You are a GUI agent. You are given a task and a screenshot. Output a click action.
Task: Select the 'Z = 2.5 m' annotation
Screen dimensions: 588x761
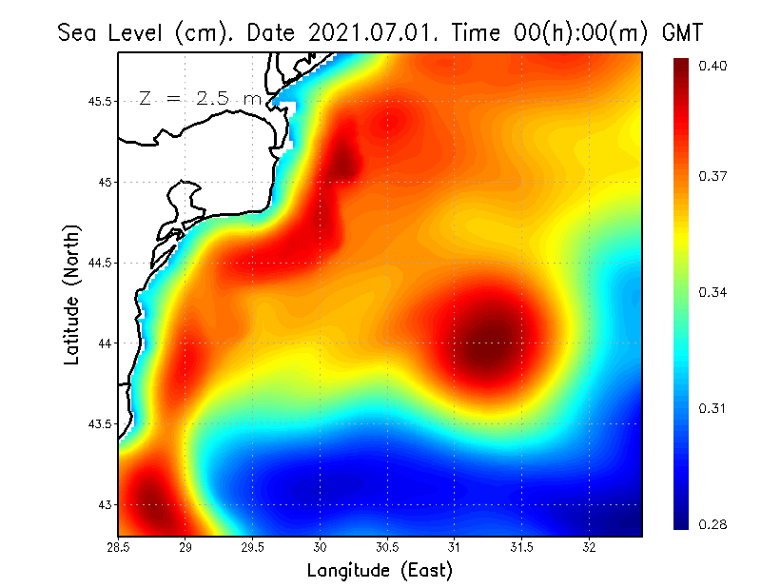point(199,98)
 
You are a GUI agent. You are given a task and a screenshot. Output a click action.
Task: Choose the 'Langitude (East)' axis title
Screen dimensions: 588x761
point(380,571)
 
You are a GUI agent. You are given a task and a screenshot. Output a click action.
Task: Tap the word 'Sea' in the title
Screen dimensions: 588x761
point(77,32)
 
